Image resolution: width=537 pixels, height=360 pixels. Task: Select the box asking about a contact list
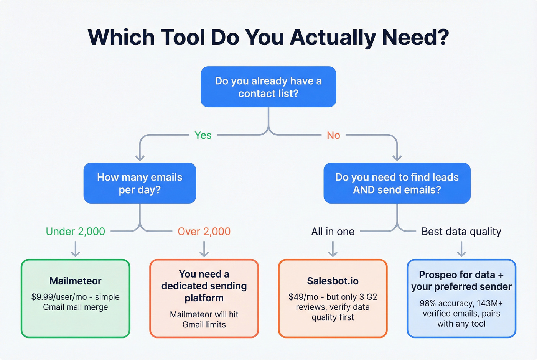(x=268, y=87)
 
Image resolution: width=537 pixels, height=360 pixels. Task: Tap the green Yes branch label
(x=203, y=135)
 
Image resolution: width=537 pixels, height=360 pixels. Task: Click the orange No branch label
(x=333, y=135)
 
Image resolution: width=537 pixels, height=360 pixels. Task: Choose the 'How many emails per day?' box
(x=140, y=183)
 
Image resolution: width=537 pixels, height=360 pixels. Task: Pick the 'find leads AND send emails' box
(x=397, y=183)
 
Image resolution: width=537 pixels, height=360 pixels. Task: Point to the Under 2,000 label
(x=76, y=232)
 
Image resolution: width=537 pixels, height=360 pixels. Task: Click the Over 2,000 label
(x=204, y=232)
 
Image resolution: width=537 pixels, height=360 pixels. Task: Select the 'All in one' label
(x=333, y=232)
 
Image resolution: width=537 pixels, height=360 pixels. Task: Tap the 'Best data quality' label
(x=461, y=232)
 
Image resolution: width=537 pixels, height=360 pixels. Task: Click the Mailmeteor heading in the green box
(x=76, y=281)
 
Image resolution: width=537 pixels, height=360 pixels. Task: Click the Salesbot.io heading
(x=333, y=281)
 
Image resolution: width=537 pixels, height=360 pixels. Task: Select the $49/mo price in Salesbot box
(x=303, y=297)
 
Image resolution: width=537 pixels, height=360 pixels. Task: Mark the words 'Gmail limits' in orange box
(x=204, y=325)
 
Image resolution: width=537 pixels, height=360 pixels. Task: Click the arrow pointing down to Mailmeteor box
(x=76, y=250)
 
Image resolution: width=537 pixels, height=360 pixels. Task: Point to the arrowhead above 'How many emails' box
(x=140, y=157)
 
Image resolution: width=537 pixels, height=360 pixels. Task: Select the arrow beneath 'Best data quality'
(x=461, y=250)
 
